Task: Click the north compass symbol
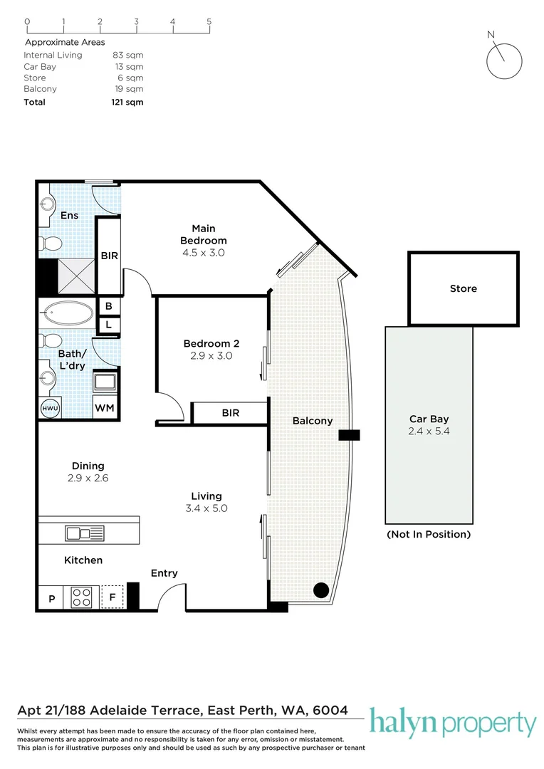(x=504, y=59)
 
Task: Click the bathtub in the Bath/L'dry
(x=68, y=313)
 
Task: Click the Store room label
(x=463, y=288)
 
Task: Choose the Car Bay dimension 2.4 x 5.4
(x=429, y=431)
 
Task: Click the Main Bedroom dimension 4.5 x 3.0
(x=203, y=252)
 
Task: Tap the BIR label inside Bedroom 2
(x=230, y=413)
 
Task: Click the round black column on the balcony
(x=321, y=590)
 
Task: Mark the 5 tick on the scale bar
(x=209, y=21)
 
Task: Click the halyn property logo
(x=452, y=724)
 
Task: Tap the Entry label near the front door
(x=164, y=573)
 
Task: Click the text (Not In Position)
(x=428, y=534)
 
